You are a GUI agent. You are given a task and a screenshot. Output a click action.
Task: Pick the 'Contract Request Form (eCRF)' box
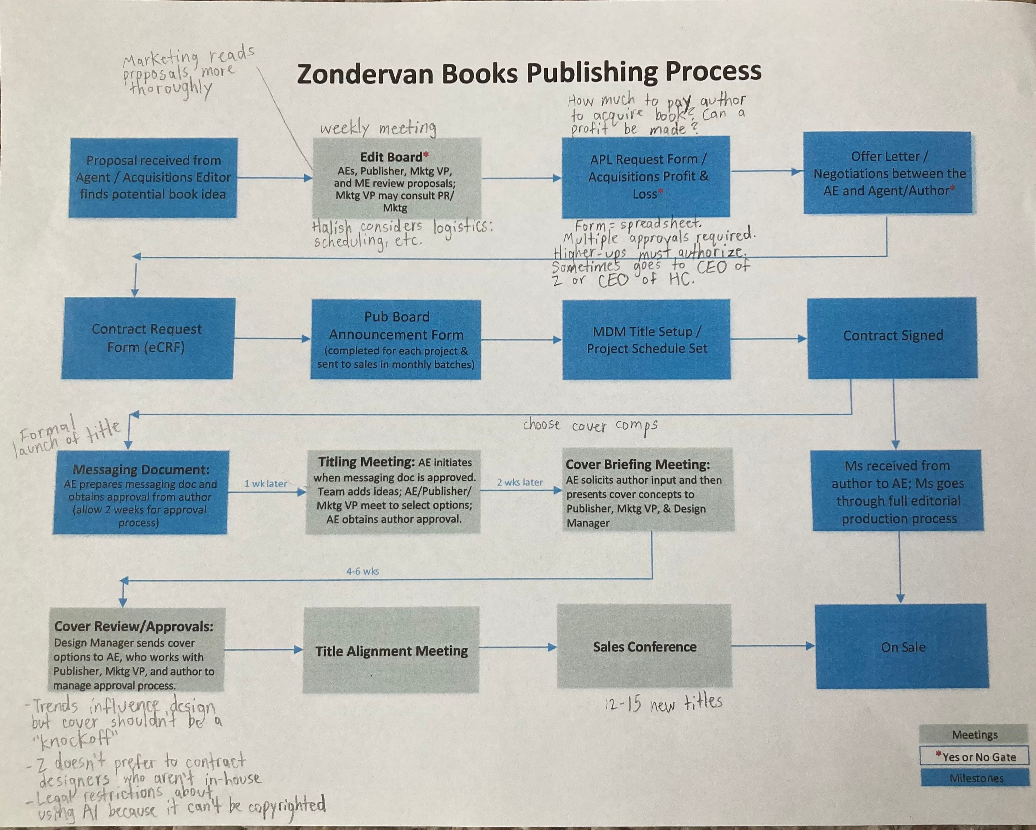coord(147,338)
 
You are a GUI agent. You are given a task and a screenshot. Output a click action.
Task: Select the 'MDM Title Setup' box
coord(646,339)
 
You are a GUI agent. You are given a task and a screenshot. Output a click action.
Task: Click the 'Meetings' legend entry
coord(974,735)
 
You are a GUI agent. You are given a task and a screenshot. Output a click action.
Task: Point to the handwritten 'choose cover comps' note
coord(590,425)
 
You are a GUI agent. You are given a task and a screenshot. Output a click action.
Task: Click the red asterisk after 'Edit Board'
coord(426,155)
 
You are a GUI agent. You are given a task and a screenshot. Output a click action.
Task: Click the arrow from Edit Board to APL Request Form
coord(521,178)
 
